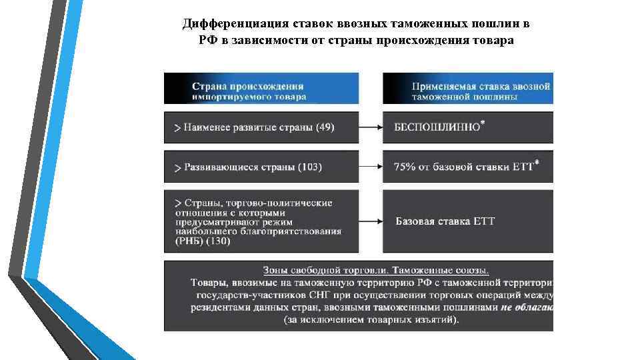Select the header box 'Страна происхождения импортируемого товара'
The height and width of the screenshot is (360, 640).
tap(261, 89)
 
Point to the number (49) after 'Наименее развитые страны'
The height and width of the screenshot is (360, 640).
tap(325, 127)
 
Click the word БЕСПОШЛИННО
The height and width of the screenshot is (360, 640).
tap(437, 127)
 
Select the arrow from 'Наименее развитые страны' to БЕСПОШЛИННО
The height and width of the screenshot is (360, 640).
tap(370, 127)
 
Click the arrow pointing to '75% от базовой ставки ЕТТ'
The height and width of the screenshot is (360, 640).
tap(370, 167)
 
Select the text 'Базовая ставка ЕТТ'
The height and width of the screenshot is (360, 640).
tap(445, 221)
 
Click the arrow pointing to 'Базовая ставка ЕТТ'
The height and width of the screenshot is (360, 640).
tap(370, 221)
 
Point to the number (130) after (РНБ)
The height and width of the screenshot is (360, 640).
tap(217, 241)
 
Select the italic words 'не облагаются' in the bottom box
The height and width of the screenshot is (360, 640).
tap(527, 307)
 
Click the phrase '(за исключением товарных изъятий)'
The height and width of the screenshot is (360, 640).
tap(371, 320)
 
